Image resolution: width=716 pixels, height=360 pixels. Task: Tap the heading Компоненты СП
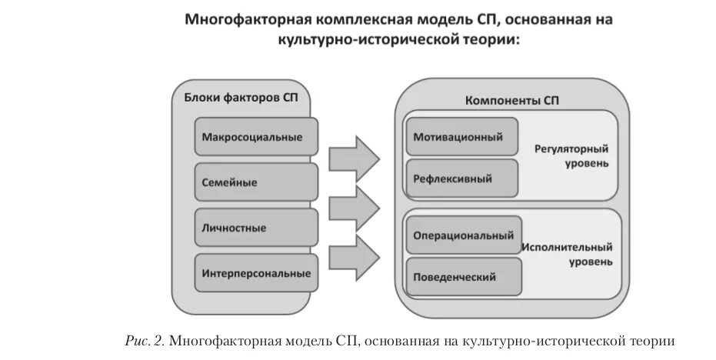click(512, 101)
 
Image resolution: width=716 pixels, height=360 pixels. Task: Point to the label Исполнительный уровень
click(568, 254)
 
